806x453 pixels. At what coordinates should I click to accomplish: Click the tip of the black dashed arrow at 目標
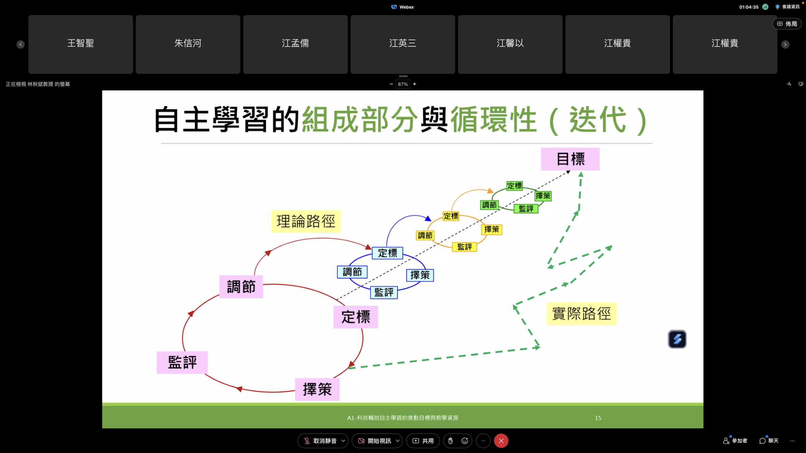570,171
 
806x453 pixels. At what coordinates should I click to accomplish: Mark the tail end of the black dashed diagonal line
337,299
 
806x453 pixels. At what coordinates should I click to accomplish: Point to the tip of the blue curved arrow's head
431,221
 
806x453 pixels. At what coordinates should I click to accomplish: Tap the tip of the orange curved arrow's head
493,192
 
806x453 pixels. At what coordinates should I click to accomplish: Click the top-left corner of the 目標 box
541,148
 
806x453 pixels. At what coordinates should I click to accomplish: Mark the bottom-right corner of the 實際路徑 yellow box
616,325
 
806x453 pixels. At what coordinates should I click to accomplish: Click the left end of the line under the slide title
161,143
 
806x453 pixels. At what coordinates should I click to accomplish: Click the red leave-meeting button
501,441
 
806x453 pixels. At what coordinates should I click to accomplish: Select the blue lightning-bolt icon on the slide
677,339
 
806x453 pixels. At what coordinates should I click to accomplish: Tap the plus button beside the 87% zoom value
415,84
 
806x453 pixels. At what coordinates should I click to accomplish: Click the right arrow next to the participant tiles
785,44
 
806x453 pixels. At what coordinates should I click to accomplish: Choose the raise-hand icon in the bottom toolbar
451,441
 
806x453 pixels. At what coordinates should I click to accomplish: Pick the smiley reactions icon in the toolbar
465,441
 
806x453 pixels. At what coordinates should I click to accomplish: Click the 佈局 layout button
787,24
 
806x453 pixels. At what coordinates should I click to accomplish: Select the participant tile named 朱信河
188,44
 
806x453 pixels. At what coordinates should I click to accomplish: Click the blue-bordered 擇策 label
420,275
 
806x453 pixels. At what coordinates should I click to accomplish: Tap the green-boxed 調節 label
490,205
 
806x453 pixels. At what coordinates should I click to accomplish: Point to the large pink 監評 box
182,362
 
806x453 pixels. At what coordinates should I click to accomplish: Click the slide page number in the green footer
598,418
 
